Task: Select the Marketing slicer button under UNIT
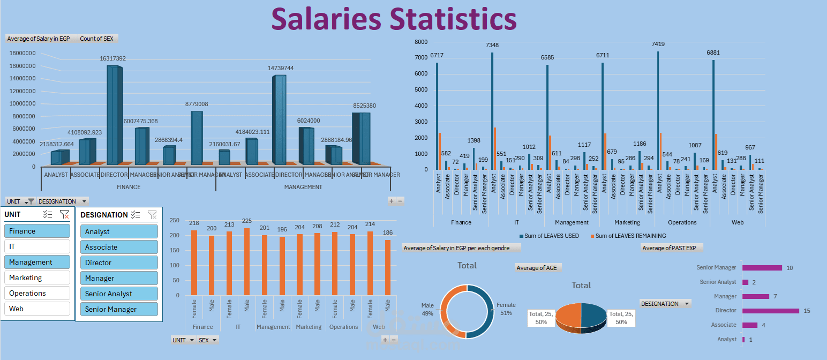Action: [37, 277]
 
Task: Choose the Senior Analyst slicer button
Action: [119, 294]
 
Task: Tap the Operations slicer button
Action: [37, 293]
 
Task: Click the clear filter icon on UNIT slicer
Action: [64, 214]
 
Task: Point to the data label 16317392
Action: [112, 58]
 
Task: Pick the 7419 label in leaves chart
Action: [657, 44]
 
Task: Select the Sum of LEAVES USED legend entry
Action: [548, 236]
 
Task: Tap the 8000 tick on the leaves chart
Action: [421, 42]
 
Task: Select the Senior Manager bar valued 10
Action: [762, 268]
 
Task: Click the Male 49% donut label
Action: [427, 309]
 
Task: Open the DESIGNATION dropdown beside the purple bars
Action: [665, 304]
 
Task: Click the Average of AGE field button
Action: [538, 267]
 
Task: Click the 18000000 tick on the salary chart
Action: [22, 53]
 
